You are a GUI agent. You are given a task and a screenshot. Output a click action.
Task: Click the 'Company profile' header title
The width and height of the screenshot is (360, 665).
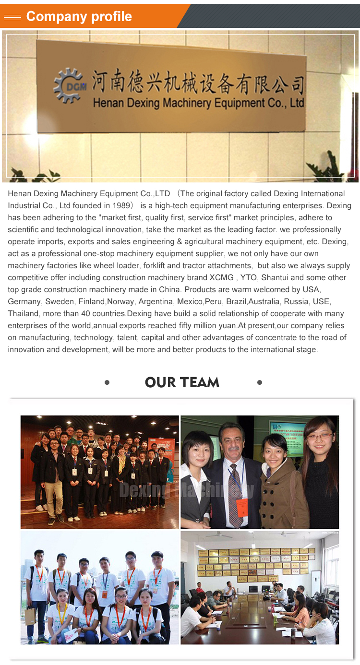pos(79,16)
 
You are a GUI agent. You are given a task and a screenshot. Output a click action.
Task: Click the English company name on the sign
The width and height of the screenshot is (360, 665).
pos(198,103)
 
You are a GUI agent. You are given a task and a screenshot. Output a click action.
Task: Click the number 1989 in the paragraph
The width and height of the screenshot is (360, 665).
pos(119,205)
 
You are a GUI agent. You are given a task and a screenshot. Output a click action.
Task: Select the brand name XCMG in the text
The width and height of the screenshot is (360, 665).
pos(221,277)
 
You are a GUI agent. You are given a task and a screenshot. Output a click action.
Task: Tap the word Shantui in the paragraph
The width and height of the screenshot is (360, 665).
pos(276,277)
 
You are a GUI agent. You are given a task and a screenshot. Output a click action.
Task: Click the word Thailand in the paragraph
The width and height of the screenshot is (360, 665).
pos(23,313)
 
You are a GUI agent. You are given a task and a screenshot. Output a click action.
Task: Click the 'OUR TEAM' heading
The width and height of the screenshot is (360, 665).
pos(182,382)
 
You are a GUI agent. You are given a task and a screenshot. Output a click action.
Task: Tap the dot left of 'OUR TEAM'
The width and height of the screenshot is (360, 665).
pos(107,382)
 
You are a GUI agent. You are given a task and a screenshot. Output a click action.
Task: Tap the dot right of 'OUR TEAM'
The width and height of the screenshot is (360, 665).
pos(260,382)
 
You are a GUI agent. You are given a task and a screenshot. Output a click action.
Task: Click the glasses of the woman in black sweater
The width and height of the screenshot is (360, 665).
pos(318,436)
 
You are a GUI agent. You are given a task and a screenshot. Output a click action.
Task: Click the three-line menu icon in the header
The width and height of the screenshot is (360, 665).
pos(12,17)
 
